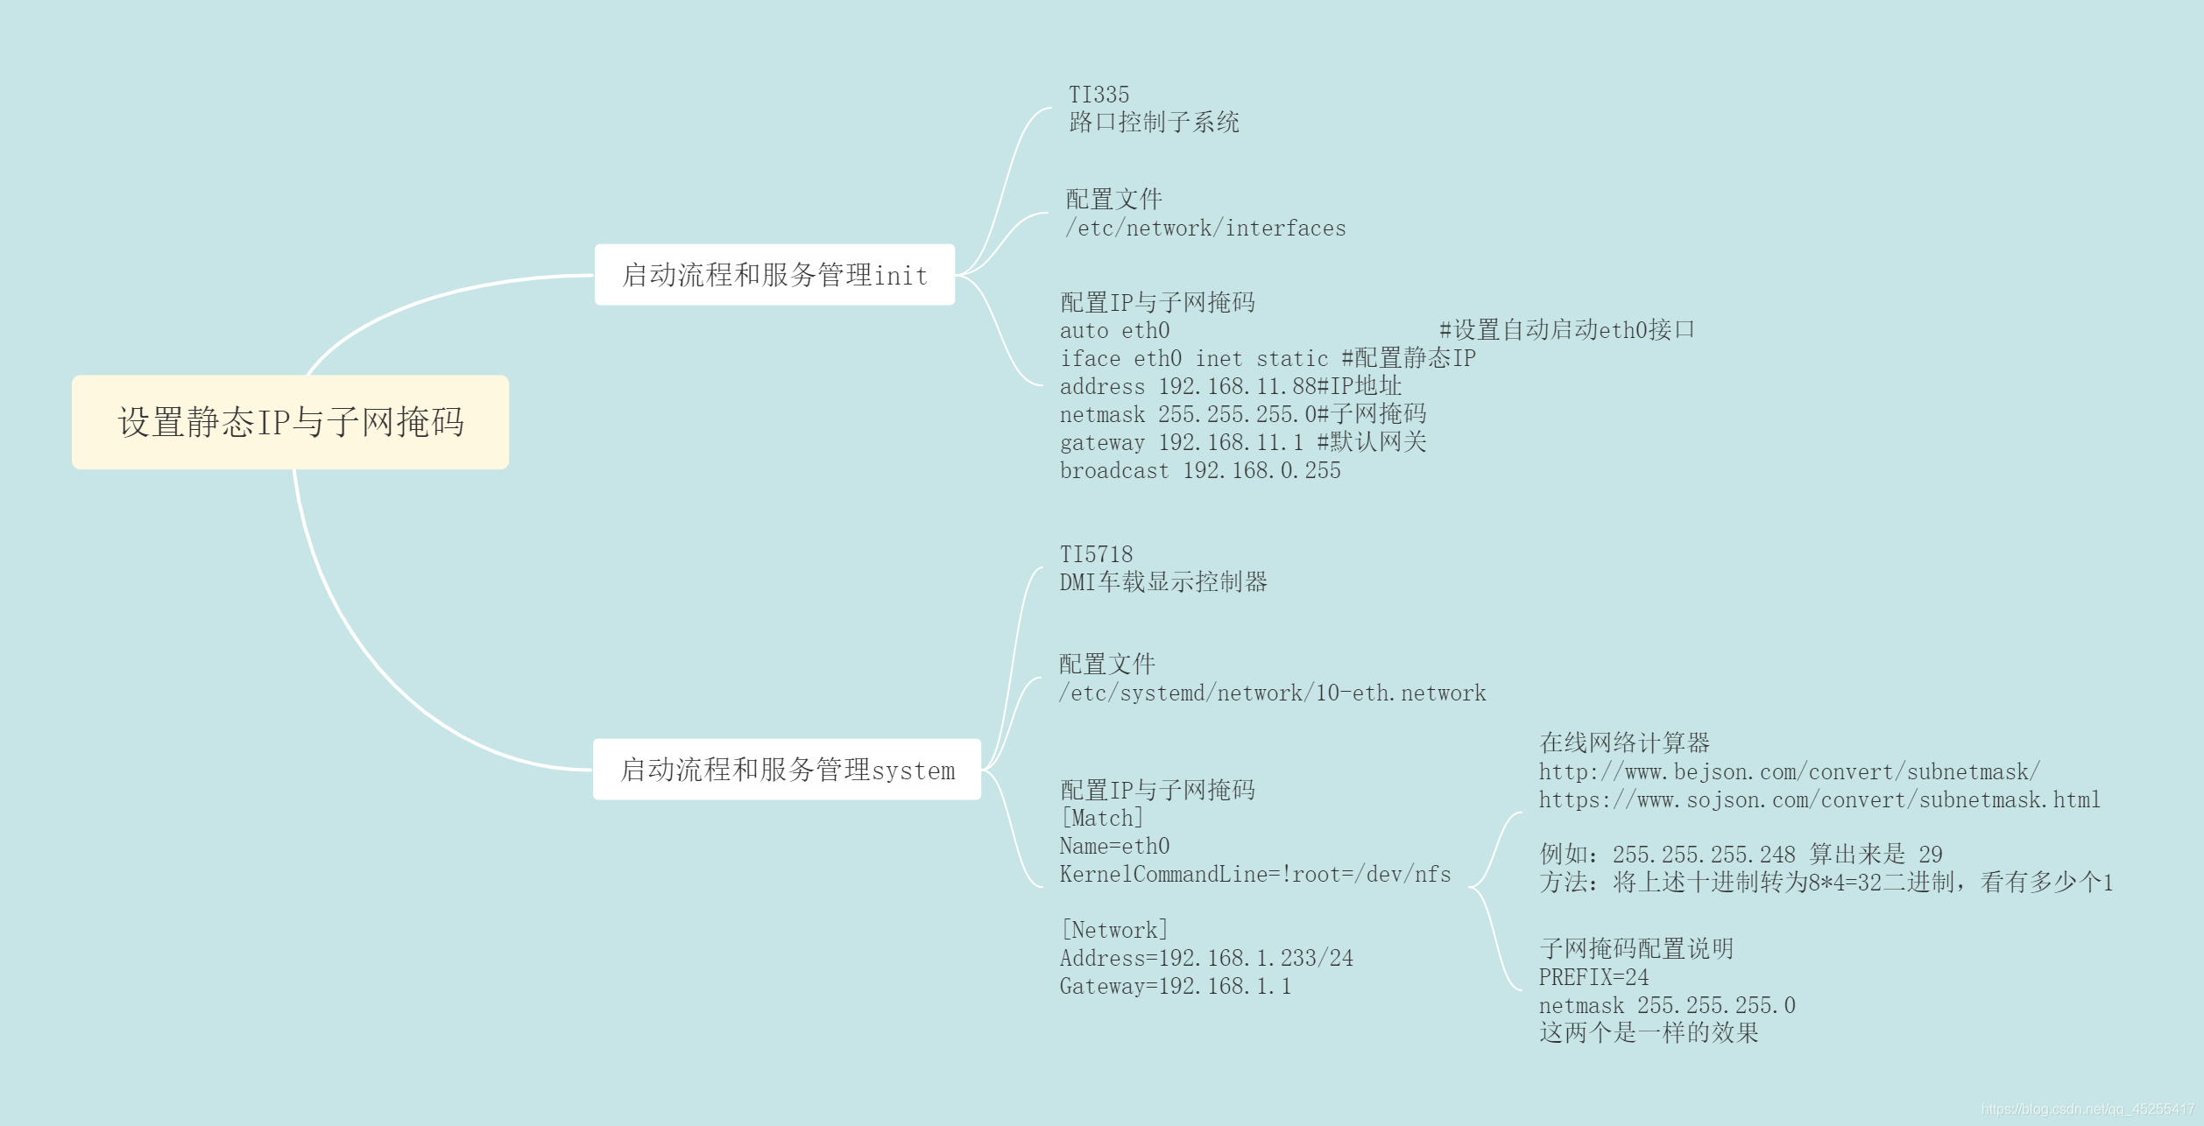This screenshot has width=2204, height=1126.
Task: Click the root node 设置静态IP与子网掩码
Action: point(290,422)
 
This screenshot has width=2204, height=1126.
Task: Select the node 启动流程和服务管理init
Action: point(774,275)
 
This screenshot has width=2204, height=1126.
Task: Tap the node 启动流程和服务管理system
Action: point(787,770)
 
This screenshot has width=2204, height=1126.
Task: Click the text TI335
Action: point(1098,95)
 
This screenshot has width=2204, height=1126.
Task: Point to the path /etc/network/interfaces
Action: point(1205,229)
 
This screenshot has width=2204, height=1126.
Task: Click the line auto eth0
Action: point(1114,331)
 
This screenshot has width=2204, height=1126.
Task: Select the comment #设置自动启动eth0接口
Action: point(1566,330)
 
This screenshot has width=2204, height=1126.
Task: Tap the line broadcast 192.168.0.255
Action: point(1200,471)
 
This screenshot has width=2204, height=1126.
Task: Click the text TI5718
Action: point(1096,554)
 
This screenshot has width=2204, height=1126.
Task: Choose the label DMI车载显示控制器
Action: point(1163,582)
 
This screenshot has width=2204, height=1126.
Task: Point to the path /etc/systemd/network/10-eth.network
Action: point(1272,693)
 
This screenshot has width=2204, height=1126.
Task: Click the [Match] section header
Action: point(1102,819)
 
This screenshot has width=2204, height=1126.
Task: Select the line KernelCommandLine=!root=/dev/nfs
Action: point(1254,875)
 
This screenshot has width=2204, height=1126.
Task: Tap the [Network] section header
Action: point(1114,931)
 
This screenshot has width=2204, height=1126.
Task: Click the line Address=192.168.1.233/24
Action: point(1206,959)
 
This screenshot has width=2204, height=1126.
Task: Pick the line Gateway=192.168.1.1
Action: point(1175,987)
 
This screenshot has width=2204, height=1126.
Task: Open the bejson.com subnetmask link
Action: point(1789,772)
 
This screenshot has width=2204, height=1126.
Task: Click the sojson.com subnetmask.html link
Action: point(1819,800)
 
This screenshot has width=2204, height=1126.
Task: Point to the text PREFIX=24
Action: point(1593,978)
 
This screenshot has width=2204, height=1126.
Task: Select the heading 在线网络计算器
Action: point(1624,743)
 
